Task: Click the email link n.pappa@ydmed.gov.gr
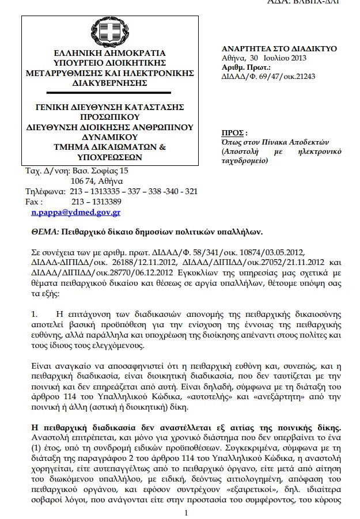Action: [x=75, y=212]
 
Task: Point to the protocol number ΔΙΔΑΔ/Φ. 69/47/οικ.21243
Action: [x=268, y=75]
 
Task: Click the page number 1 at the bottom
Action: [x=185, y=512]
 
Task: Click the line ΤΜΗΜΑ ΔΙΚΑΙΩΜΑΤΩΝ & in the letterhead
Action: [x=109, y=147]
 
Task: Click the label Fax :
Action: [x=35, y=202]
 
